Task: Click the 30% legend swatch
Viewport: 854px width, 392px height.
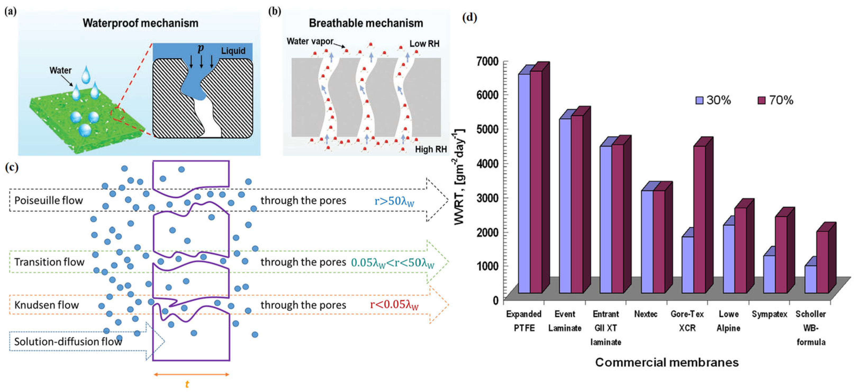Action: (x=699, y=100)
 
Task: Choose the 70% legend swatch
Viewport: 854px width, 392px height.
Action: (x=761, y=100)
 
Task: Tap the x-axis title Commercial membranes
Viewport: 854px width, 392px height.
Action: (x=667, y=362)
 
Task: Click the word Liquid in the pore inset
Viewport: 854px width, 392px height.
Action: (x=233, y=51)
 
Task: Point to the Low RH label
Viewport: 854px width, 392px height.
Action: (x=424, y=44)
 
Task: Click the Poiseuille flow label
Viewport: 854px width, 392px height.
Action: (x=48, y=200)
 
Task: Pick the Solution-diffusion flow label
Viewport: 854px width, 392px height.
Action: (x=68, y=341)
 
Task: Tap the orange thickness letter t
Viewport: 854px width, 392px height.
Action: (x=187, y=384)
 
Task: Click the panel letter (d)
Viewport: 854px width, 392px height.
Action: (x=469, y=17)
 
